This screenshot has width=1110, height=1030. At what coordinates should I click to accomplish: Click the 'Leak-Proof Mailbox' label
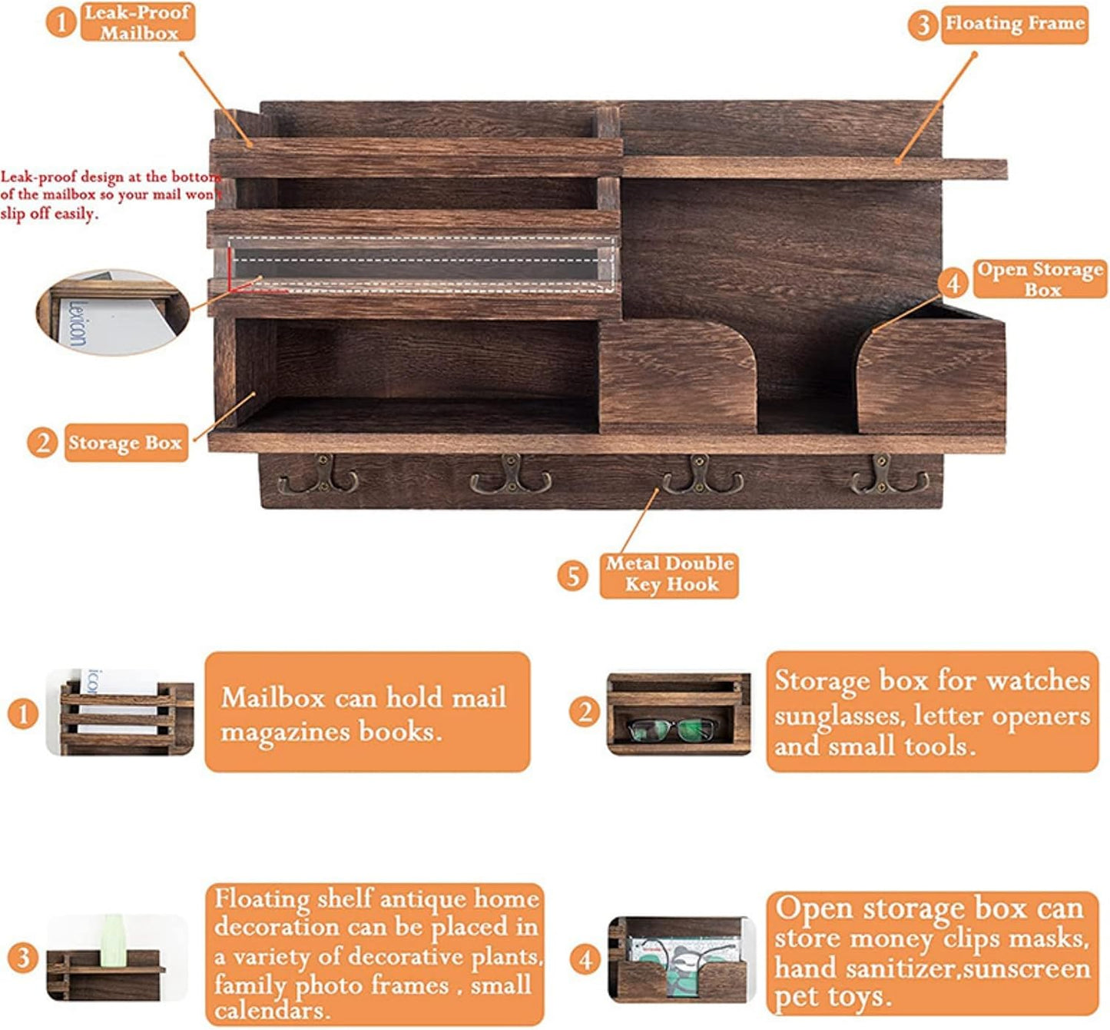138,22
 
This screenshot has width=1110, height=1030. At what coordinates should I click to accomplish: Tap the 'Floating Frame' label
1015,24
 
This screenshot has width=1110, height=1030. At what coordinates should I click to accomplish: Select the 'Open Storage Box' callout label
1039,279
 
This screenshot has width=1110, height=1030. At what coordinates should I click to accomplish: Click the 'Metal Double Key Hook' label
669,575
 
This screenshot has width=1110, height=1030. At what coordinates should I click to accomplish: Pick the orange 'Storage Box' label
126,443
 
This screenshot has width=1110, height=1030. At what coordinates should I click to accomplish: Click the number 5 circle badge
573,576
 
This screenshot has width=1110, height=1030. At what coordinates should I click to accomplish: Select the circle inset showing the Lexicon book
114,311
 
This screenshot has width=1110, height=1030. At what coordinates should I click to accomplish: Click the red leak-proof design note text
111,194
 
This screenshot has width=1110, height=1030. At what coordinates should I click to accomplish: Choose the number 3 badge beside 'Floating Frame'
923,25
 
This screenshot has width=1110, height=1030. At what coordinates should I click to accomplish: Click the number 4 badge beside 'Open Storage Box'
953,283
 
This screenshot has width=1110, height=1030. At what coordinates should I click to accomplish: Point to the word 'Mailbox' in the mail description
273,698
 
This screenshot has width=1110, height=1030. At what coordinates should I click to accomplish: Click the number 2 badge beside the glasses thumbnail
585,713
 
